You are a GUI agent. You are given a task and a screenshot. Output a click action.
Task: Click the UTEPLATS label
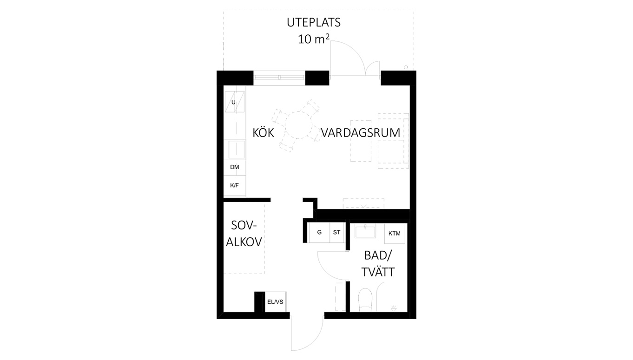(314, 23)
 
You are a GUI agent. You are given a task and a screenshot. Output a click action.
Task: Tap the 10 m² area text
(314, 39)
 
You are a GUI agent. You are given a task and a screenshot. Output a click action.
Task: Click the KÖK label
(263, 132)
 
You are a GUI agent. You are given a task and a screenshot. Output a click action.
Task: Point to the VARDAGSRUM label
(361, 133)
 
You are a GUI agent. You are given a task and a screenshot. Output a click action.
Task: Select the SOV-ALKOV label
(244, 234)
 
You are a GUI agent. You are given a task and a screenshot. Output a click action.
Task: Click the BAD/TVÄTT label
(378, 264)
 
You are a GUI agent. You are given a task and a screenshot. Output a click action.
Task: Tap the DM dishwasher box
(235, 167)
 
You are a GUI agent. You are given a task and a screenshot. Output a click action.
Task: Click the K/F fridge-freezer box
(235, 185)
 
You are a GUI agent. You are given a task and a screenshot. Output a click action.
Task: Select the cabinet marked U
(235, 102)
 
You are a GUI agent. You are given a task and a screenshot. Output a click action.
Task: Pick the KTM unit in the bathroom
(395, 234)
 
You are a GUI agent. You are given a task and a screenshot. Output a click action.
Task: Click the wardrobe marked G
(319, 232)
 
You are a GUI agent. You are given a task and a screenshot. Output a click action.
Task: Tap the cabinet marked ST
(336, 232)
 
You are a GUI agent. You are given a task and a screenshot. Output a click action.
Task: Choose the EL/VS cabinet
(275, 302)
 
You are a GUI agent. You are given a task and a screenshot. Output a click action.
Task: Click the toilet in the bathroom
(365, 300)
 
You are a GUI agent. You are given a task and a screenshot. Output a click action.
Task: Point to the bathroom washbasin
(365, 232)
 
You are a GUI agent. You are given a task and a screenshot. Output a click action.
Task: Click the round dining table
(298, 125)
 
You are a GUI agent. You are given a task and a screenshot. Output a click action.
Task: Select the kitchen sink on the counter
(237, 150)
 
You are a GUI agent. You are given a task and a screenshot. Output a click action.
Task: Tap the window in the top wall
(279, 78)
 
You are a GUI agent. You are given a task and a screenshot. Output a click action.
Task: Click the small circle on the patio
(406, 67)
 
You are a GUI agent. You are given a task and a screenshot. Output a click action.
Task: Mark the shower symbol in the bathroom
(394, 308)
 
